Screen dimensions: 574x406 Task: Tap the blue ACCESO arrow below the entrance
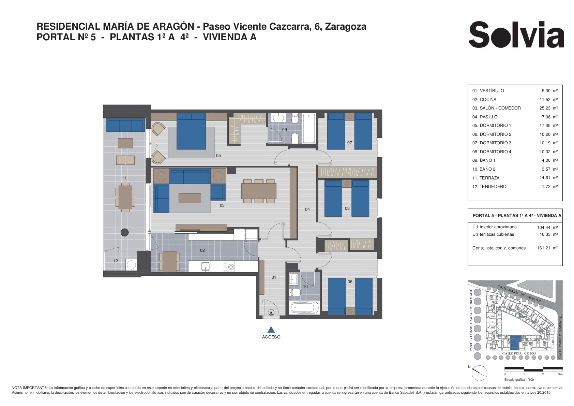click(x=271, y=330)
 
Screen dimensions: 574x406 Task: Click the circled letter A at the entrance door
click(x=271, y=313)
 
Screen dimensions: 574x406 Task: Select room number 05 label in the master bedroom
click(x=218, y=156)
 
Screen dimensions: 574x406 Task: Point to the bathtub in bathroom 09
click(x=309, y=128)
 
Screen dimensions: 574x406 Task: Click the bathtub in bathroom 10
click(x=304, y=308)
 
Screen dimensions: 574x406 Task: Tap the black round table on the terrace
click(x=124, y=232)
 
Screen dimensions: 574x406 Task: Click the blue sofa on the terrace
click(x=125, y=125)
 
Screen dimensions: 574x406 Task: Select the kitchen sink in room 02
click(x=206, y=266)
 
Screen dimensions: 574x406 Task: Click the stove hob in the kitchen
click(x=229, y=266)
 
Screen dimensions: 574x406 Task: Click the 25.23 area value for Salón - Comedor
click(x=545, y=108)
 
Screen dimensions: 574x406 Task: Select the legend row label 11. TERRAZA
click(x=486, y=178)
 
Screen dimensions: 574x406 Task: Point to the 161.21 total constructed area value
click(x=544, y=248)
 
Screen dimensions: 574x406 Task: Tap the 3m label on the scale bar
click(x=560, y=374)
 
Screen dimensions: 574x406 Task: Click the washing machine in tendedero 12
click(x=131, y=265)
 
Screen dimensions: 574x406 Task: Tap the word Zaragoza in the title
click(x=346, y=27)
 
